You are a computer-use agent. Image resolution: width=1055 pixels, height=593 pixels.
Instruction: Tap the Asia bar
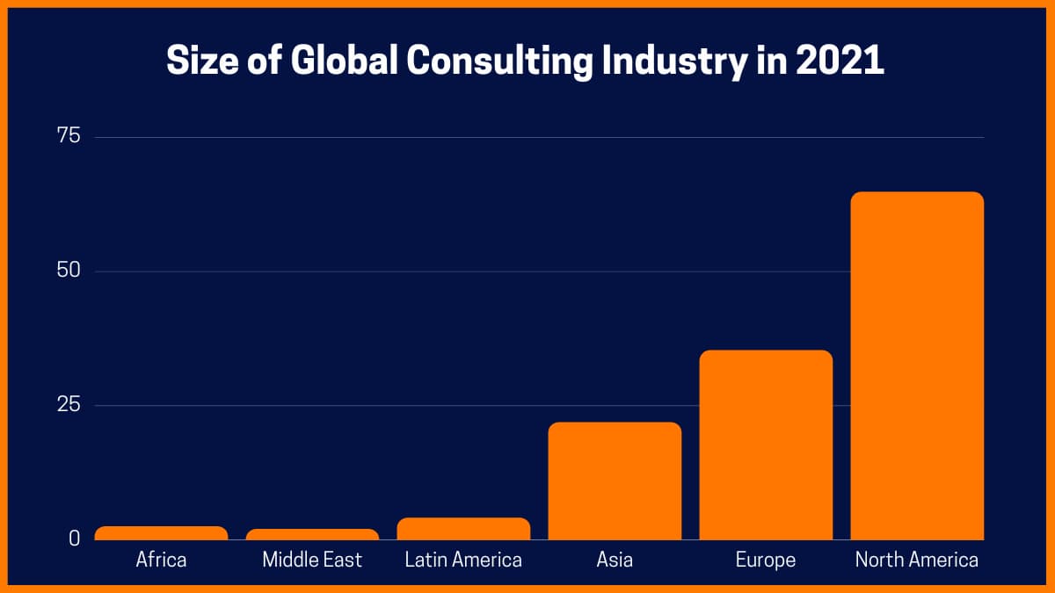(615, 481)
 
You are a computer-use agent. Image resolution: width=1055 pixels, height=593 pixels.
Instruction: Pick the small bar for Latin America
(463, 529)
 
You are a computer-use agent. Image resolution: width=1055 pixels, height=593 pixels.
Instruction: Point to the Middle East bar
(312, 534)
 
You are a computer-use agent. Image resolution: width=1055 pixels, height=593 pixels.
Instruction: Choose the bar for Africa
(161, 533)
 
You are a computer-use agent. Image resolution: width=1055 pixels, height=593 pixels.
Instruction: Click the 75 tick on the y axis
(68, 136)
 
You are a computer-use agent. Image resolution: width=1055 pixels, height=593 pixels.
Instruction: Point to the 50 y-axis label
(68, 271)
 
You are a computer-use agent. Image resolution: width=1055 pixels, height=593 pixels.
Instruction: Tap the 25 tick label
(68, 405)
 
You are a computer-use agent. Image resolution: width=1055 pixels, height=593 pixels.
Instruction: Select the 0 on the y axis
(74, 538)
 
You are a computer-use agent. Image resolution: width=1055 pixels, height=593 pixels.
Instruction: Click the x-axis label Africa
(161, 560)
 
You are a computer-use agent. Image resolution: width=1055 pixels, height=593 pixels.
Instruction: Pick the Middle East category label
(312, 560)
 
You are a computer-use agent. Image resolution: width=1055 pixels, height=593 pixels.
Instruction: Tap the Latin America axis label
(463, 560)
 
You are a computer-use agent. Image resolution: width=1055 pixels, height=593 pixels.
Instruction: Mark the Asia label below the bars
(615, 560)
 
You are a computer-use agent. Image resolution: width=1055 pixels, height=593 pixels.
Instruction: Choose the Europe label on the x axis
(766, 560)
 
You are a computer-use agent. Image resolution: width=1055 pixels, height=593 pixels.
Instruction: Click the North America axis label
(917, 560)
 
